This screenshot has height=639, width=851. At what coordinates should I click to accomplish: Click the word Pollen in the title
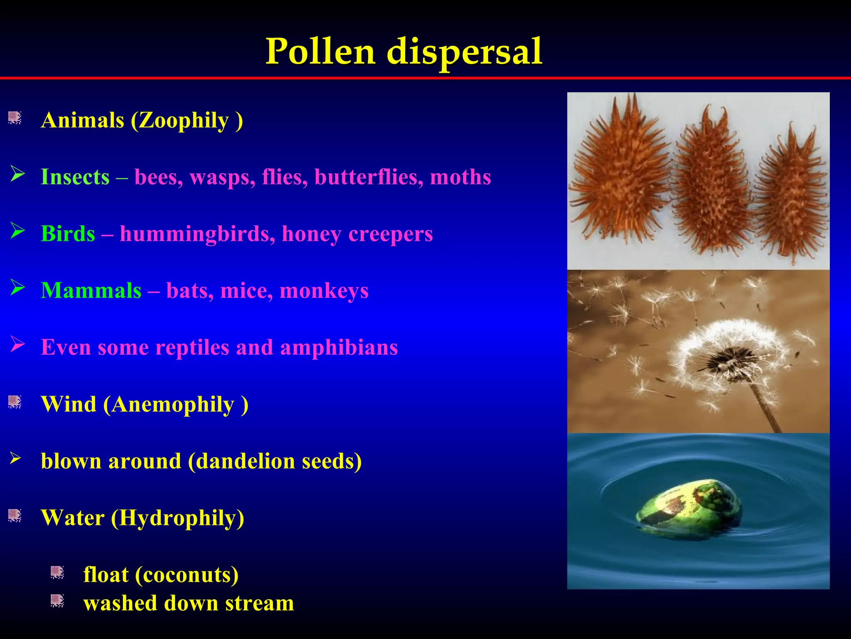(x=320, y=52)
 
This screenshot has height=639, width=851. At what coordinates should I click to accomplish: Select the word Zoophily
(x=184, y=121)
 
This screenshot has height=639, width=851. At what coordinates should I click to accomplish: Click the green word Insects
(x=75, y=177)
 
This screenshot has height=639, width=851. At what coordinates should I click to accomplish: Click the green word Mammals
(x=91, y=290)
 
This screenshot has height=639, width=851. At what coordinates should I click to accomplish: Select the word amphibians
(x=339, y=347)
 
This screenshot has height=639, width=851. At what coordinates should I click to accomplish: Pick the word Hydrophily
(x=178, y=518)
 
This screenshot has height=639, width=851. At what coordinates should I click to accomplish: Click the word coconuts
(x=187, y=575)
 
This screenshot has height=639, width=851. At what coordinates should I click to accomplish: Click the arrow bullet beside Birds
(x=17, y=231)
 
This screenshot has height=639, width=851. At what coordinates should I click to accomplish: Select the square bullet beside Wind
(x=15, y=402)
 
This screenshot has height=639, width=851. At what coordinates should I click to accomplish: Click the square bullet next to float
(x=57, y=573)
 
